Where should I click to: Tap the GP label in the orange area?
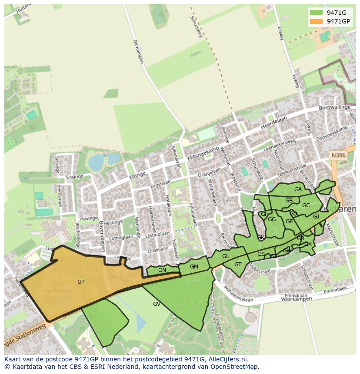click(x=81, y=282)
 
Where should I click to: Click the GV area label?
click(x=157, y=304)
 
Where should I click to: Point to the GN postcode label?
click(x=162, y=270)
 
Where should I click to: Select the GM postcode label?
click(x=194, y=267)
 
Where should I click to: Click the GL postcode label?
click(x=225, y=256)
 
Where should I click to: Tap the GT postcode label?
click(x=238, y=265)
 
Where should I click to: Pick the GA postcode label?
click(x=298, y=189)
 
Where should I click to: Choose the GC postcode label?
click(x=306, y=205)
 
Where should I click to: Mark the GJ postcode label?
click(x=316, y=217)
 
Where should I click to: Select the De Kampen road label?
click(x=138, y=52)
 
